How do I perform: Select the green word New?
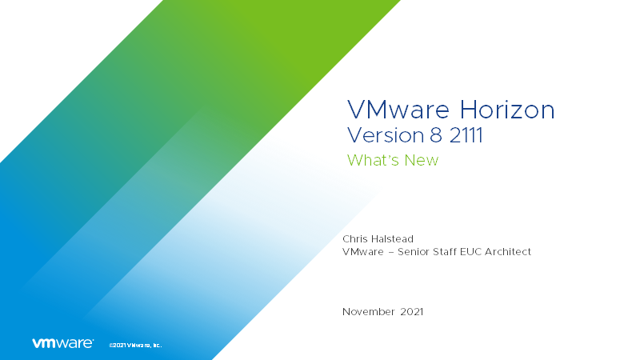point(423,160)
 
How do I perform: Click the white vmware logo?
point(62,343)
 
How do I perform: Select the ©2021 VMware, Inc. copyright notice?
point(134,345)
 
